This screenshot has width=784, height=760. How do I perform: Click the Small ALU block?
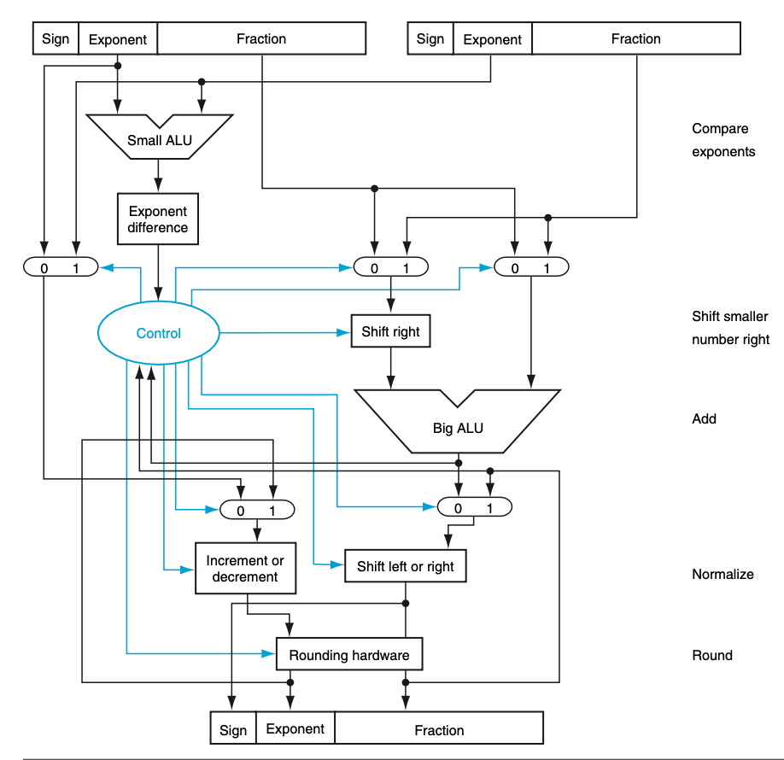(x=160, y=139)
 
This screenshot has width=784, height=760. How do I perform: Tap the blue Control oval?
(x=159, y=333)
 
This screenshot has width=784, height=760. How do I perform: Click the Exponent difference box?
(x=158, y=219)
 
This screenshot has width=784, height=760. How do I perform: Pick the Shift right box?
(x=390, y=332)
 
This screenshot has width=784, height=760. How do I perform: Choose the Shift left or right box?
(x=406, y=567)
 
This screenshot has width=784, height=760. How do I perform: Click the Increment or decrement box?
(x=245, y=569)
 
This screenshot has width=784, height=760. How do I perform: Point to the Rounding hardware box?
(x=349, y=656)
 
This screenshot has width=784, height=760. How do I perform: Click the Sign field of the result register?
(x=233, y=729)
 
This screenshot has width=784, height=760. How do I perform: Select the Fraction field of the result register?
(x=439, y=729)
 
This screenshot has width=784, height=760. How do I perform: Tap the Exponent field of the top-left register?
(x=118, y=39)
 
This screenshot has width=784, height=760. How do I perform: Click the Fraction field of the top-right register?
(x=636, y=39)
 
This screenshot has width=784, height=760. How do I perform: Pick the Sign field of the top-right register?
(x=430, y=39)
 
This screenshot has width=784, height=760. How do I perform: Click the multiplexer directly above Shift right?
(x=390, y=267)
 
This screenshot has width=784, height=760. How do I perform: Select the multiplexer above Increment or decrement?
(x=257, y=510)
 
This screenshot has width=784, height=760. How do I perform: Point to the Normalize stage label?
(x=723, y=574)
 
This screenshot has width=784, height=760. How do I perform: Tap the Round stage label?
(x=712, y=655)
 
